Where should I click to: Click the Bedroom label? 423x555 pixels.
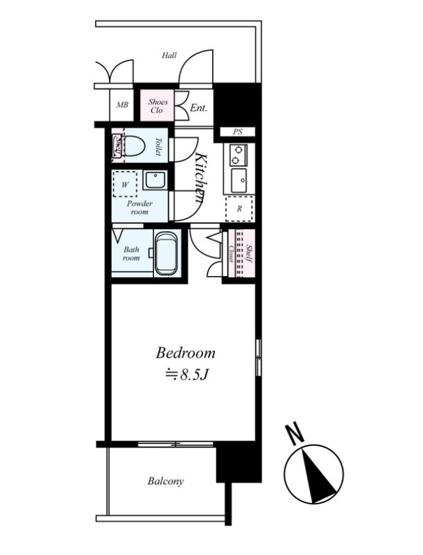click(x=185, y=353)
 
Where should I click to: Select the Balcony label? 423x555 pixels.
click(x=166, y=481)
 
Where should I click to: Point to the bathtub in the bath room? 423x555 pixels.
click(x=166, y=253)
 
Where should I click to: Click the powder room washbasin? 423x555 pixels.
click(x=155, y=180)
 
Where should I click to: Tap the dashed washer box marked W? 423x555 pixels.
click(x=125, y=184)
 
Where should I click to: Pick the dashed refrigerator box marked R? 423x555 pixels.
click(x=239, y=209)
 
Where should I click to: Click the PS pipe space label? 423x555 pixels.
click(x=238, y=132)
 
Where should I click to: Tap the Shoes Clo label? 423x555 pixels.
click(x=157, y=106)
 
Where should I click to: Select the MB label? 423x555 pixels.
click(x=122, y=105)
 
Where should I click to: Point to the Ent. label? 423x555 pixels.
click(x=198, y=108)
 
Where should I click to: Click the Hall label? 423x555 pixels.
click(x=169, y=55)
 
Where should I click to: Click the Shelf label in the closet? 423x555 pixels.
click(x=249, y=254)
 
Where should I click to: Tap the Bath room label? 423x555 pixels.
click(x=131, y=254)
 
